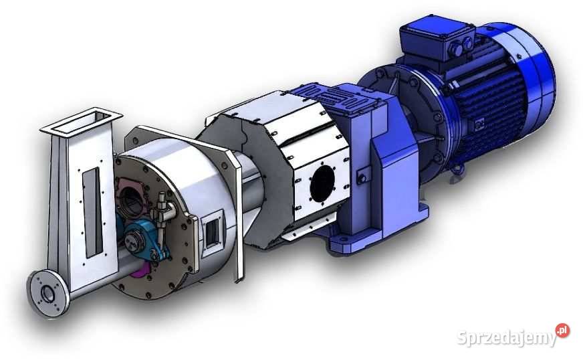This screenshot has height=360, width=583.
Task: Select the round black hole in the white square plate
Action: click(x=322, y=184)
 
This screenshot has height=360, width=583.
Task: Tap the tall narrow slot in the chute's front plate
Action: click(x=92, y=213)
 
